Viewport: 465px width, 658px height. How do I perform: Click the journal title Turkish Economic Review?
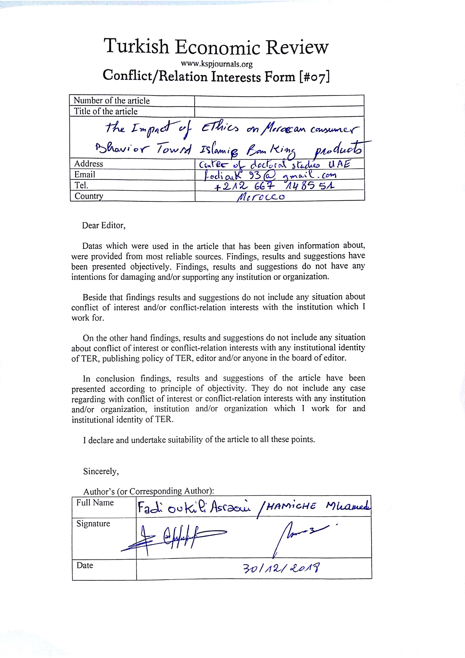click(216, 47)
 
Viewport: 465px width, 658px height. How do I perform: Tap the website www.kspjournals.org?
click(216, 64)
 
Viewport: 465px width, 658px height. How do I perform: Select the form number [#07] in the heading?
click(314, 77)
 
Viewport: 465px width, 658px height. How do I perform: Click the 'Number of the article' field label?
click(112, 101)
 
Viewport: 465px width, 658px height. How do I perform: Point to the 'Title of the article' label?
click(106, 111)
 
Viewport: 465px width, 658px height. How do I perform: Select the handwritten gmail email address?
click(269, 175)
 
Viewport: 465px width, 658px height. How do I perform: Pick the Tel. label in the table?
click(81, 186)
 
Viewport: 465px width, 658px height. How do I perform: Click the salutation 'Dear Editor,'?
click(104, 225)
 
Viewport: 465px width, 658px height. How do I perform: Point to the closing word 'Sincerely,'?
click(101, 471)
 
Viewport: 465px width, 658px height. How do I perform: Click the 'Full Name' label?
click(95, 503)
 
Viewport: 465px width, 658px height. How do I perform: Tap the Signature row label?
click(93, 524)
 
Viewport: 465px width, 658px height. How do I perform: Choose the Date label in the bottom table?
click(85, 565)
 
